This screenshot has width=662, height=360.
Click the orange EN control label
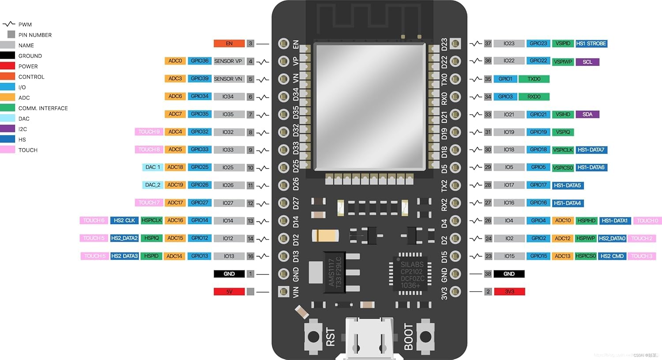(x=229, y=43)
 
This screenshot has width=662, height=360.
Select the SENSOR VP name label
(x=228, y=61)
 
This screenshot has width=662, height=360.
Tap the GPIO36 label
(x=199, y=61)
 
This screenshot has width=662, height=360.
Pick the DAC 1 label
(x=153, y=167)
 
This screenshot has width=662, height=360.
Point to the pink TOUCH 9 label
(x=149, y=131)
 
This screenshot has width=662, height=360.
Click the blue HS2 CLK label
(x=124, y=220)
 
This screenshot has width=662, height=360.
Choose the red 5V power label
(x=229, y=292)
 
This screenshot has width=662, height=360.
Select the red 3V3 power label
(x=509, y=292)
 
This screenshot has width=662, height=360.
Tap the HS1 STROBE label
(x=591, y=43)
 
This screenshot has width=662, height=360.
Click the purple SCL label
(x=587, y=62)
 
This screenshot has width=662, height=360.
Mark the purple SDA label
(x=587, y=114)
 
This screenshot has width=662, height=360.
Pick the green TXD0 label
(x=534, y=79)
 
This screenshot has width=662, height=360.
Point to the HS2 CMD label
(x=612, y=256)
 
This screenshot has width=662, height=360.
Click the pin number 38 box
(x=488, y=274)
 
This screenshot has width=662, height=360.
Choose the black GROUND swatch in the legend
(x=8, y=56)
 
